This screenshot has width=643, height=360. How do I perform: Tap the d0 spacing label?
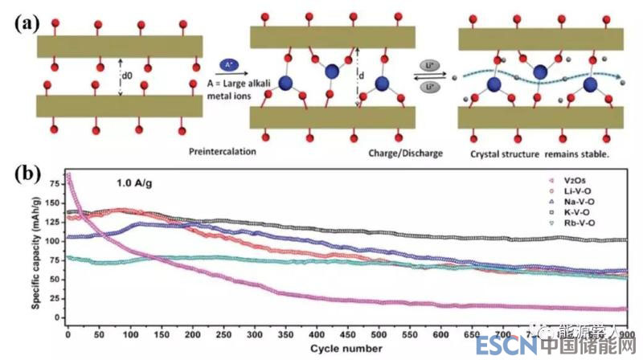coord(126,76)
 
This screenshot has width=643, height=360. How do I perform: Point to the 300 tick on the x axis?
coord(254,334)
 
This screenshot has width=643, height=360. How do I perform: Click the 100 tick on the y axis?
coord(53,240)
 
